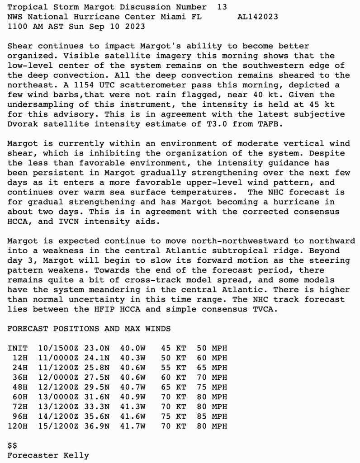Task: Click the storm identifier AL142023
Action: tap(257, 17)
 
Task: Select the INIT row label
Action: tap(17, 348)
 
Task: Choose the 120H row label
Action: tap(17, 426)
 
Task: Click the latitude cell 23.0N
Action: tap(96, 348)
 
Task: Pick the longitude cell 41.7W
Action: tap(133, 426)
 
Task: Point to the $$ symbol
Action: tap(12, 446)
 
